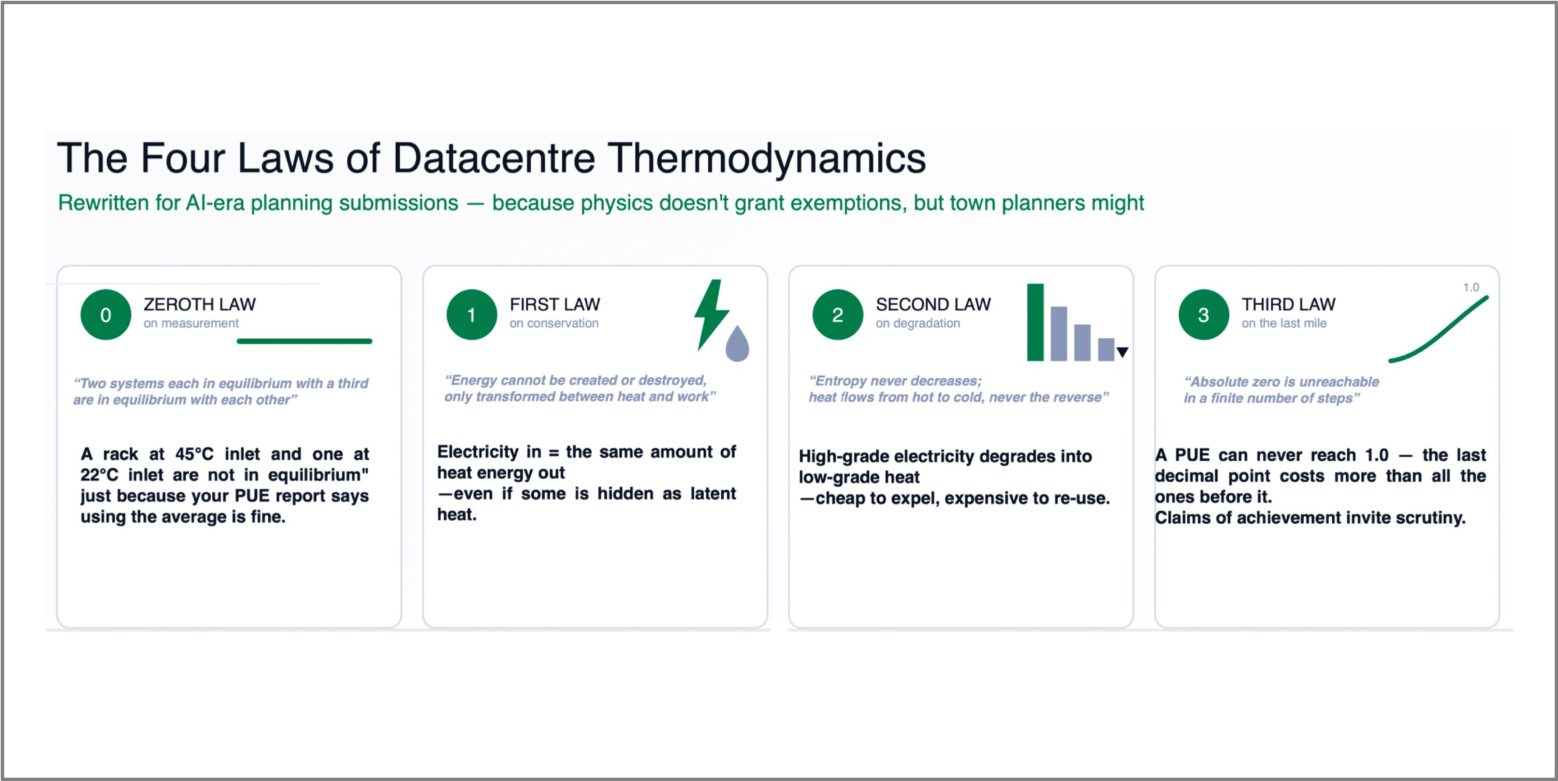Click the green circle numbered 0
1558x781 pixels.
point(105,314)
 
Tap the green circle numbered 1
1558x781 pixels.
point(472,314)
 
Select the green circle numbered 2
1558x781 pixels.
point(838,314)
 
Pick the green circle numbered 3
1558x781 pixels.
point(1204,314)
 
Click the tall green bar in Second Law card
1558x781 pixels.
point(1035,322)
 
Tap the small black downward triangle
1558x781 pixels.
point(1123,352)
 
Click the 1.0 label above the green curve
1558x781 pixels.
point(1471,287)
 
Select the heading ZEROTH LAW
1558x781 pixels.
point(200,304)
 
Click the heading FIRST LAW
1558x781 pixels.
point(555,304)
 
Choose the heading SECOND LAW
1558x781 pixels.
point(934,304)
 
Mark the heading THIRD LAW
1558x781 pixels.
point(1289,304)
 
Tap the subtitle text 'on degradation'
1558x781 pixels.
point(918,323)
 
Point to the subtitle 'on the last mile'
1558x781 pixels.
point(1284,323)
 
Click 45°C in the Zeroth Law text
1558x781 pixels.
point(195,454)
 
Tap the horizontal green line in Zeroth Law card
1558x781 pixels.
point(304,341)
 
